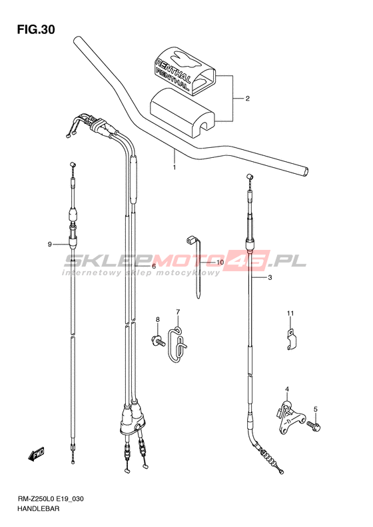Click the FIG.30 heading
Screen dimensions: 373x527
click(x=36, y=30)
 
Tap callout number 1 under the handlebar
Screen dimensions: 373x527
click(x=175, y=167)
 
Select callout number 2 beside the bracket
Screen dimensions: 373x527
click(x=247, y=99)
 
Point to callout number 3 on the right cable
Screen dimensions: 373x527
click(x=270, y=278)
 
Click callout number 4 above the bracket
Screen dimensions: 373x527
click(x=287, y=389)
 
